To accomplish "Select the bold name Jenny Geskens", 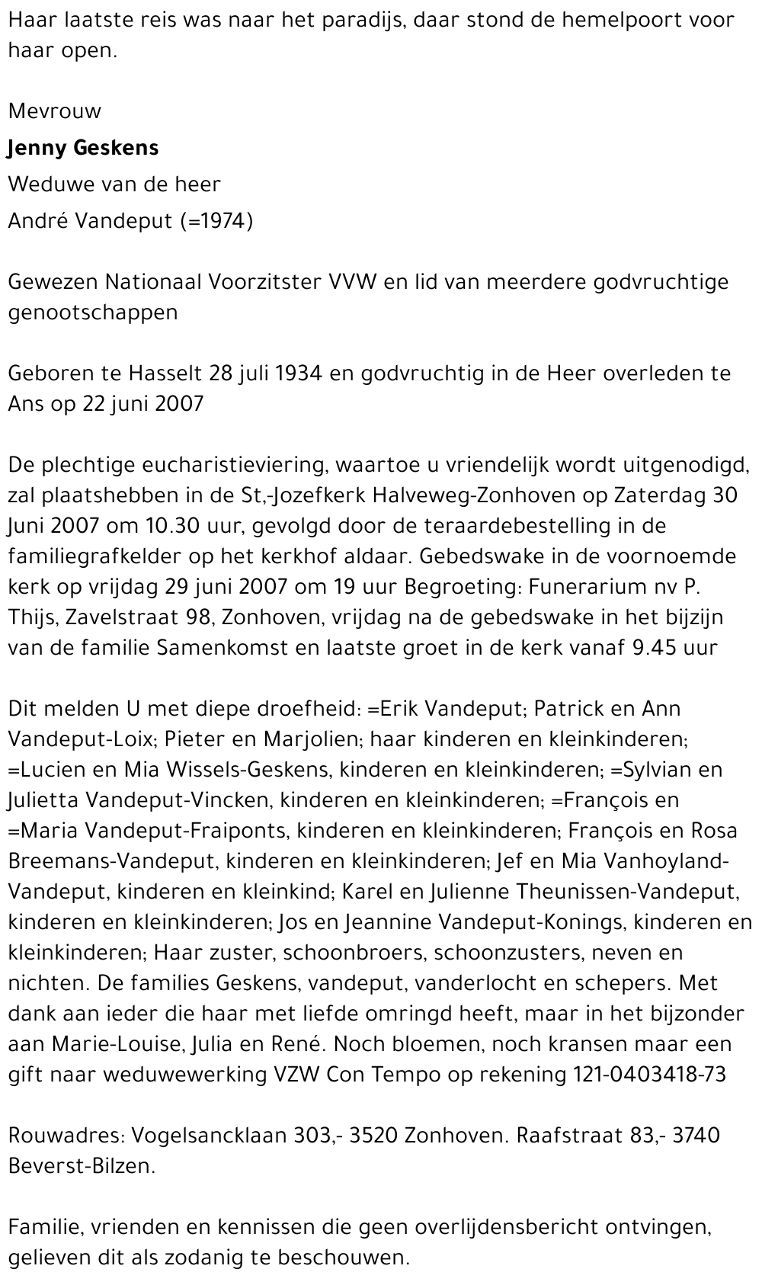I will tap(83, 148).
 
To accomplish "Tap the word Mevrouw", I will tap(55, 111).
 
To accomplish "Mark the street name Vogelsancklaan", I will tap(210, 1136).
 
